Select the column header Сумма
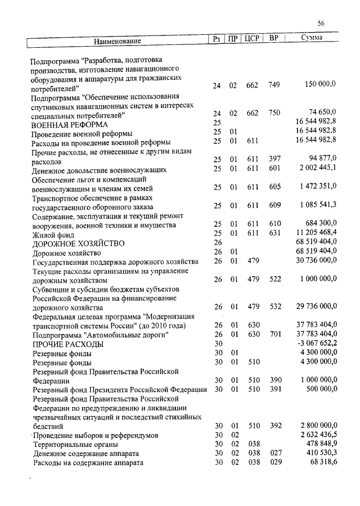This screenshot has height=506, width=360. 311,39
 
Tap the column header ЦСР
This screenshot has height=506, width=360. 251,39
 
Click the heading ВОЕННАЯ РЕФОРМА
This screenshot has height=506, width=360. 70,124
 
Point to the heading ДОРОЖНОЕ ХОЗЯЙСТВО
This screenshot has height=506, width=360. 78,244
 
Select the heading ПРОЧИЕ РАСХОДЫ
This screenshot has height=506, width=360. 67,344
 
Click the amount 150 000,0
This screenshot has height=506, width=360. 320,85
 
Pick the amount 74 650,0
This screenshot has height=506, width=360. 322,112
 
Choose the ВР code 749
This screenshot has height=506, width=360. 274,85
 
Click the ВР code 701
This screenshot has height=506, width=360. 274,335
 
